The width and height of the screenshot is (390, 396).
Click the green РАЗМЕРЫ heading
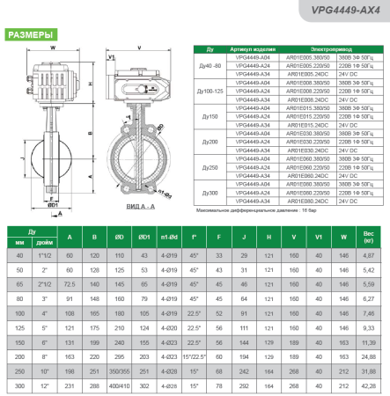point(28,35)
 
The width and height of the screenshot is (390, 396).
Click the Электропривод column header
point(343,49)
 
